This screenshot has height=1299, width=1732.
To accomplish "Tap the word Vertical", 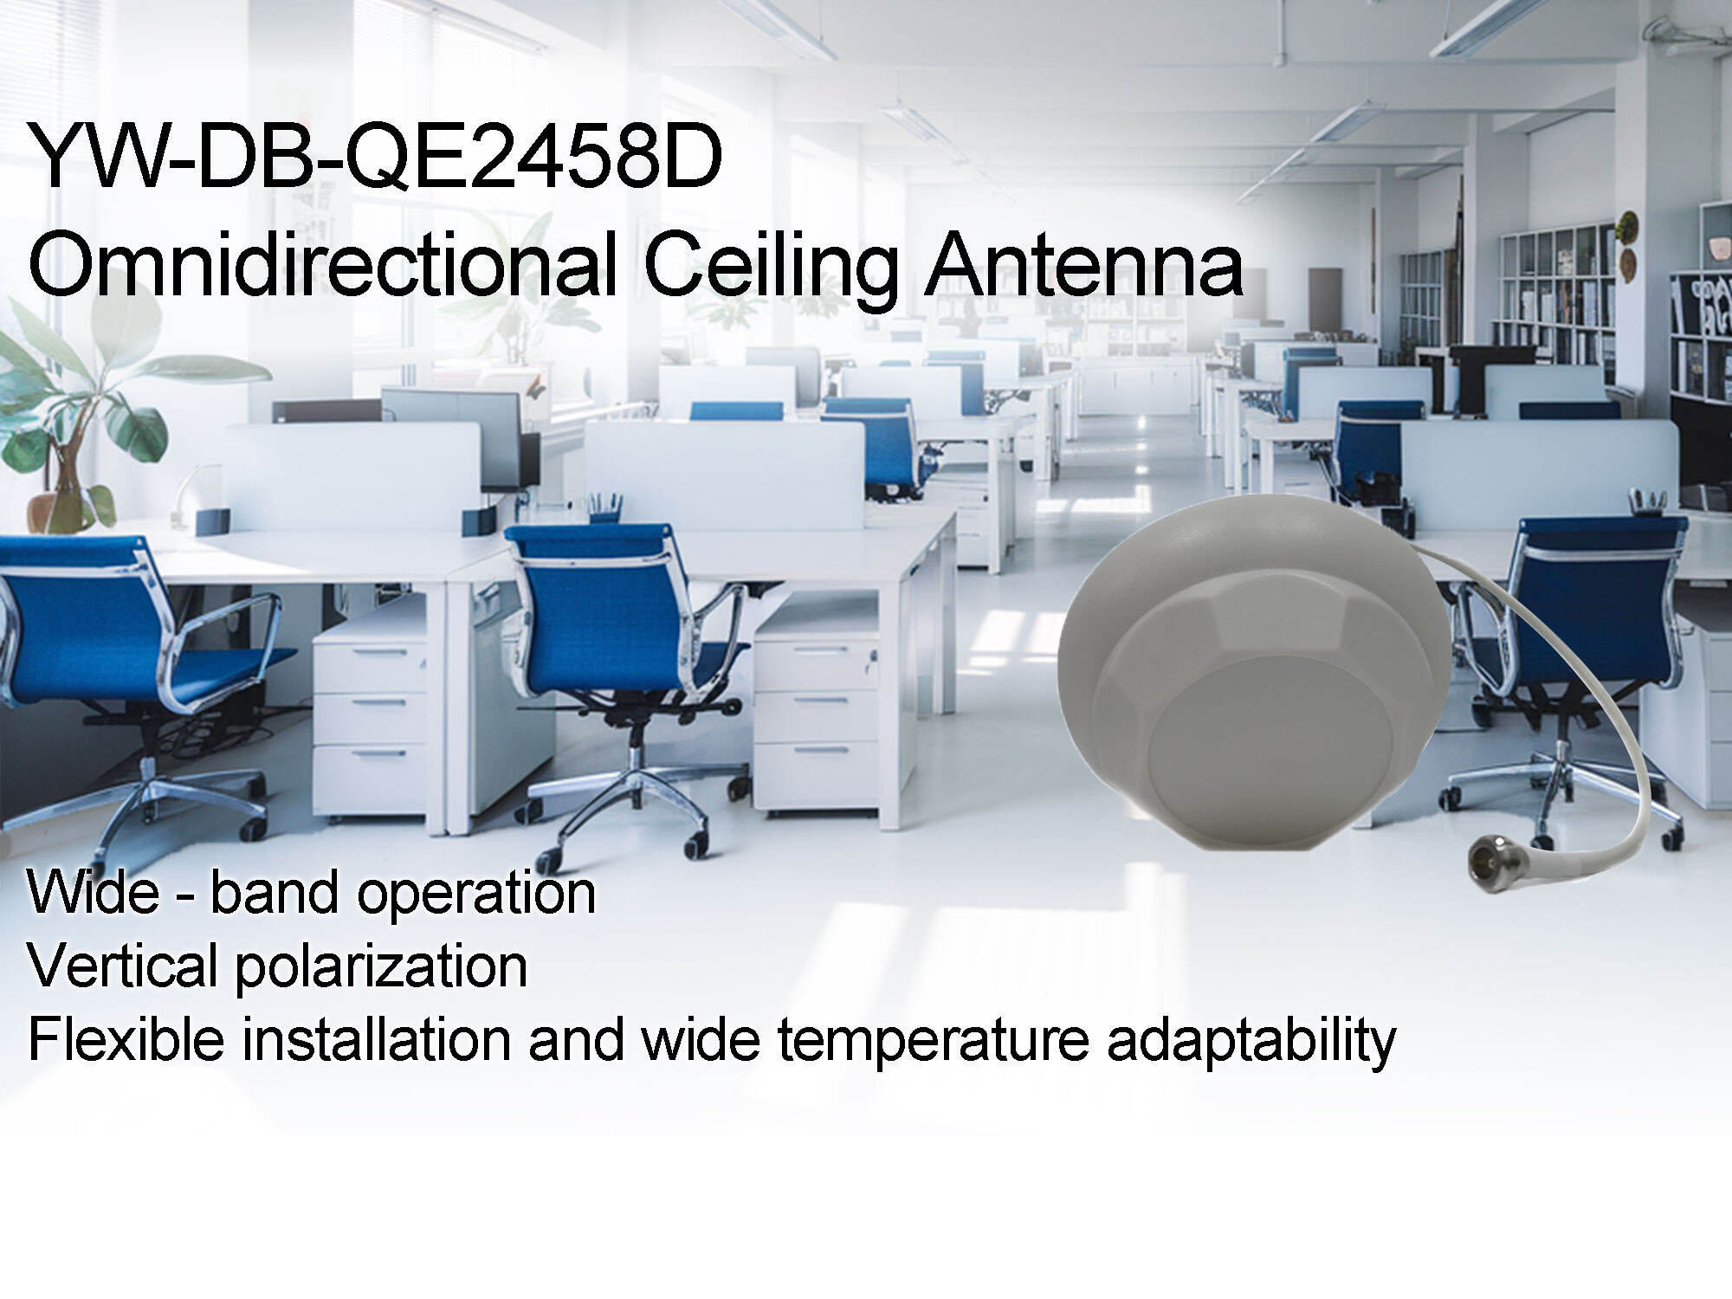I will point(121,966).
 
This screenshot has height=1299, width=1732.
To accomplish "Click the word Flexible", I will point(126,1039).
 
